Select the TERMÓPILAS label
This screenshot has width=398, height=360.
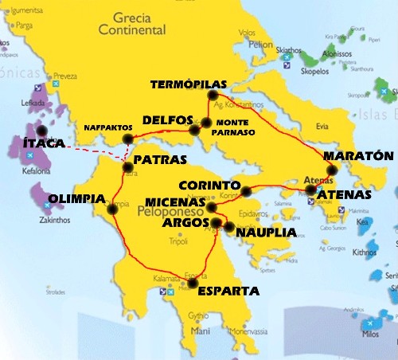pyautogui.click(x=189, y=84)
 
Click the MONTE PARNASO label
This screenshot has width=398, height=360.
pyautogui.click(x=236, y=127)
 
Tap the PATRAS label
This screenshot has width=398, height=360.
pyautogui.click(x=160, y=159)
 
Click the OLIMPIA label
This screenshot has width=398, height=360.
pyautogui.click(x=77, y=198)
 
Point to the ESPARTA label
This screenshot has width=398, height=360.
pyautogui.click(x=228, y=290)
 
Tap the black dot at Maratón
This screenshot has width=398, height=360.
pyautogui.click(x=332, y=170)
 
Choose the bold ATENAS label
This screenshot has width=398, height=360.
pyautogui.click(x=344, y=194)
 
